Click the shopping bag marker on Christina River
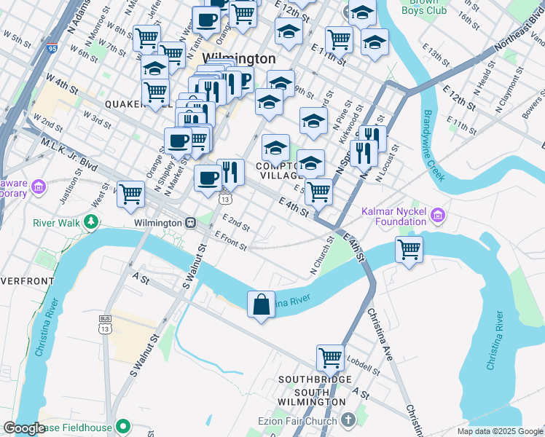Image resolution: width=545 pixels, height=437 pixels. (x=261, y=304)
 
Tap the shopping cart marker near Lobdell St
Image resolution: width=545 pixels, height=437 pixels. (x=330, y=358)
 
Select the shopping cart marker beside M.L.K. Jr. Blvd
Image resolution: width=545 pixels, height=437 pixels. (x=130, y=194)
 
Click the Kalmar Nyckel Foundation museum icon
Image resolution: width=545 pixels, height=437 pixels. (x=437, y=216)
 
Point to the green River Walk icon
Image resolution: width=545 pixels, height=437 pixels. (x=90, y=221)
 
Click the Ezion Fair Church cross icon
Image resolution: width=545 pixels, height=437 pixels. (x=348, y=420)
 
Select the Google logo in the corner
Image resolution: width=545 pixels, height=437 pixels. (x=24, y=428)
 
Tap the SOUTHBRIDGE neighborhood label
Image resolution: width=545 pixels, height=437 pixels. (x=315, y=379)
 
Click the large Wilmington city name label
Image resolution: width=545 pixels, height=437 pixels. (x=228, y=58)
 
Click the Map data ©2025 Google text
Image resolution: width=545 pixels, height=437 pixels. (x=499, y=431)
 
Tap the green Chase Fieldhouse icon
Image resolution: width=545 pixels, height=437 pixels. (x=123, y=426)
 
